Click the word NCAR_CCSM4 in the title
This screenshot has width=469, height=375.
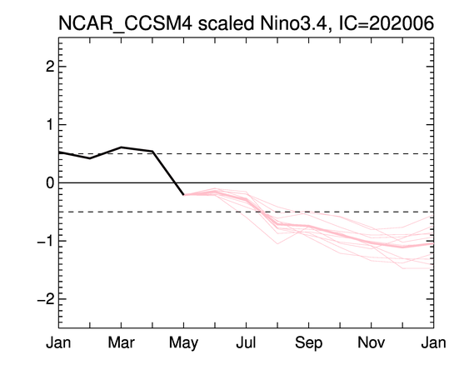125,23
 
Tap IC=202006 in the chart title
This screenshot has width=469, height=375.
387,23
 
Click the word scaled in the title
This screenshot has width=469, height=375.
226,23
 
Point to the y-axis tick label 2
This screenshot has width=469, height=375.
50,67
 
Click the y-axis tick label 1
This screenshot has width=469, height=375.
50,124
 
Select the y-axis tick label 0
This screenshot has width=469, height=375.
50,182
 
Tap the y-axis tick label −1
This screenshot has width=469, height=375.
46,241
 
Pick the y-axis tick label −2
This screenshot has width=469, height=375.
46,299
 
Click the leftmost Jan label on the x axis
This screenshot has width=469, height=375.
58,342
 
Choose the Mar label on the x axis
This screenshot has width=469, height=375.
121,342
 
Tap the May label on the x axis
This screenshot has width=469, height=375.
183,343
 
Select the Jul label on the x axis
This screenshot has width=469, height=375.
247,342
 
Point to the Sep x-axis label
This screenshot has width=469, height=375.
309,343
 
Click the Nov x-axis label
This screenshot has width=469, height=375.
372,342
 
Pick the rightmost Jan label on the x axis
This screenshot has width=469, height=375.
434,342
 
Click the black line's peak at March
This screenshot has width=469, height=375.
121,147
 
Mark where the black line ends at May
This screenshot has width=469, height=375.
183,194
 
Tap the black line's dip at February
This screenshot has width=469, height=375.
90,158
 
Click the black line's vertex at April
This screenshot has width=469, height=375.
152,151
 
